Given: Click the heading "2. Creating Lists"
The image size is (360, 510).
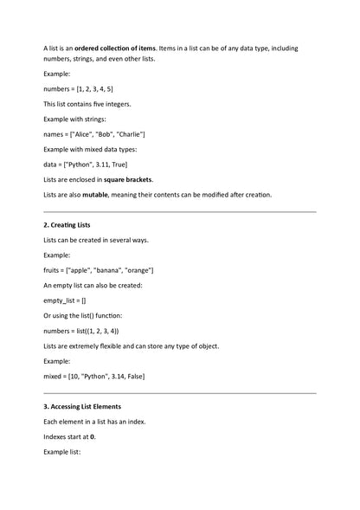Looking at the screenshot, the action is click(x=67, y=225).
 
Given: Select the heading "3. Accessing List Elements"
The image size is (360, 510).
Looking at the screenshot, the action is click(x=82, y=406).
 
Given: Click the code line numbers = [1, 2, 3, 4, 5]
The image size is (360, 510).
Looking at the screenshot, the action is click(x=78, y=89).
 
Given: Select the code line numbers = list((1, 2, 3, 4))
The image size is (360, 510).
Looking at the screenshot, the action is click(x=81, y=331).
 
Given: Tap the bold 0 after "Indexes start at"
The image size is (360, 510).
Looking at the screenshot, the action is click(x=93, y=436).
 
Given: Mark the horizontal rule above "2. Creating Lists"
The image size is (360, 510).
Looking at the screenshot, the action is click(x=179, y=210).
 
